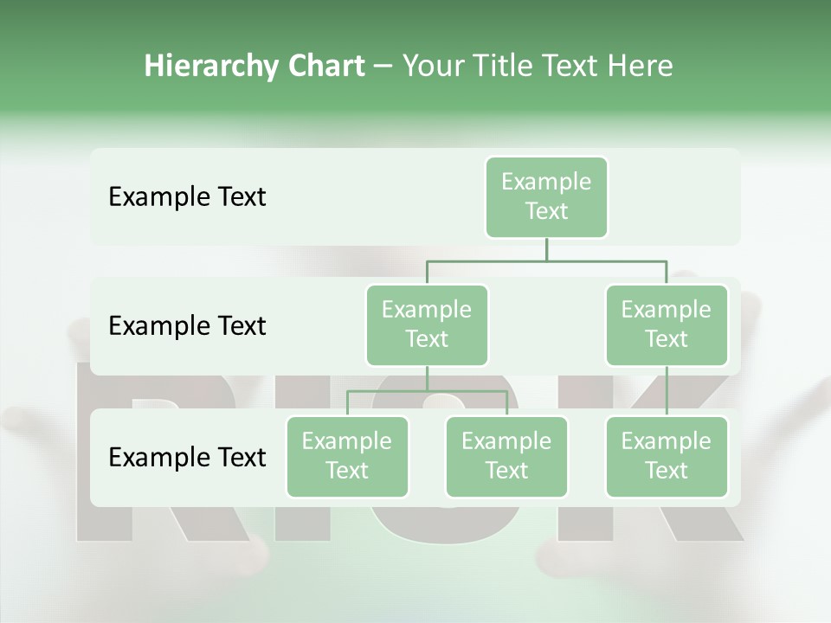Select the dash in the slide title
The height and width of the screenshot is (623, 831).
pyautogui.click(x=383, y=66)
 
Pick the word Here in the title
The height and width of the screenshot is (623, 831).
pyautogui.click(x=641, y=66)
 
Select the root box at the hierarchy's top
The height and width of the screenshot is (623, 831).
pyautogui.click(x=546, y=196)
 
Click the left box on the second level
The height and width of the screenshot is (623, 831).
pyautogui.click(x=427, y=324)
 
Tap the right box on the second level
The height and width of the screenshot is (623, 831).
pyautogui.click(x=667, y=324)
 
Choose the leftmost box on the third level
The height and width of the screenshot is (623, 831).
pyautogui.click(x=347, y=456)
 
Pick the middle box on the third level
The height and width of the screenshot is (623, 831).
pyautogui.click(x=506, y=456)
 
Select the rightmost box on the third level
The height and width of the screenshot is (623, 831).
pyautogui.click(x=667, y=456)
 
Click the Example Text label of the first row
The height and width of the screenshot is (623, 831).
pyautogui.click(x=187, y=197)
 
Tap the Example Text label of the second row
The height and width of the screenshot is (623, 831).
pyautogui.click(x=187, y=326)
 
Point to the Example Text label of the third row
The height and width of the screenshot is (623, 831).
pyautogui.click(x=187, y=457)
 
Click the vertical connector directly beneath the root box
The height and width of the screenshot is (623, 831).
pyautogui.click(x=546, y=249)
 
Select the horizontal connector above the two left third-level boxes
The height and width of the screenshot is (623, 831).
pyautogui.click(x=427, y=391)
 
